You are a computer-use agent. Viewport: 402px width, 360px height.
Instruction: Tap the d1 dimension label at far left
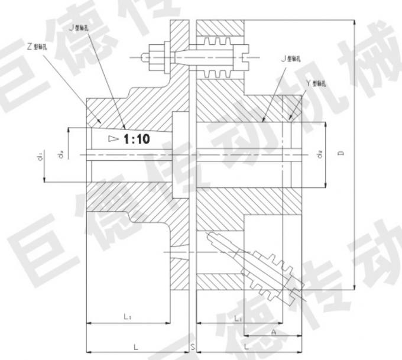(x=39, y=157)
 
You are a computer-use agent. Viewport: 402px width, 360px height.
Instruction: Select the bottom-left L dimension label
(x=135, y=344)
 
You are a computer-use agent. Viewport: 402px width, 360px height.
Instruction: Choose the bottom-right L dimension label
(x=245, y=344)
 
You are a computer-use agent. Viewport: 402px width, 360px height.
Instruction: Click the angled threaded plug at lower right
(x=266, y=267)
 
